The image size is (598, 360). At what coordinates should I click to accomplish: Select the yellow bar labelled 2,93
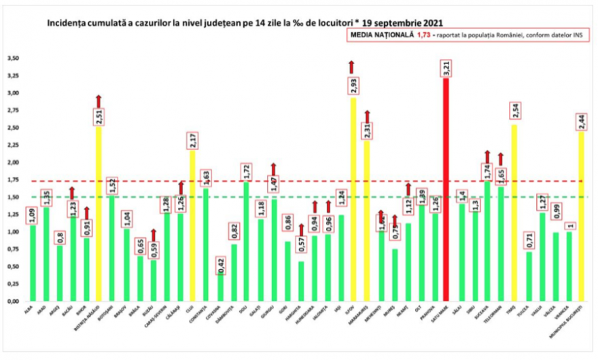tap(353, 204)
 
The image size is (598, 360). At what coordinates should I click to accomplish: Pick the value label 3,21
tap(446, 69)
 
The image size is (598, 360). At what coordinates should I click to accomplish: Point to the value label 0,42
tap(221, 262)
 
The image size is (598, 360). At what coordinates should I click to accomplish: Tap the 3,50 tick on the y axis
tap(12, 58)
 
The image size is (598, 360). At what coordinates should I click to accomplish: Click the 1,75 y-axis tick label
tap(12, 180)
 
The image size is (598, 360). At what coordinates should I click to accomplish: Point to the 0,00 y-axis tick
tap(12, 301)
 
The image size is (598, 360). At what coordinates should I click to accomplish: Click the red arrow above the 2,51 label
tap(99, 101)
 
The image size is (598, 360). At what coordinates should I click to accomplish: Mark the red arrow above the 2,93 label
tap(352, 67)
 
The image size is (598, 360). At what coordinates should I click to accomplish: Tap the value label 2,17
tap(192, 140)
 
